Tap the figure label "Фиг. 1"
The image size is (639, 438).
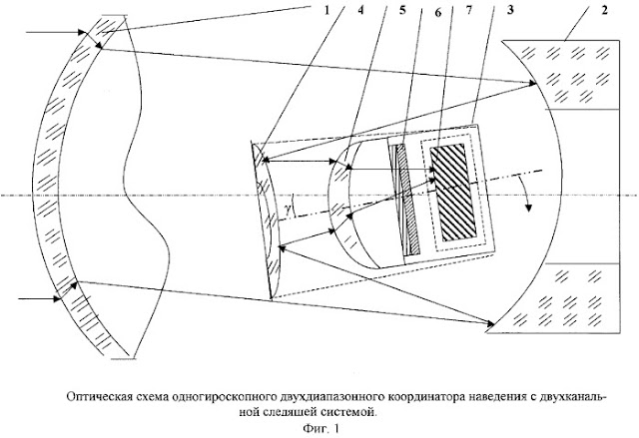pyautogui.click(x=320, y=429)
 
